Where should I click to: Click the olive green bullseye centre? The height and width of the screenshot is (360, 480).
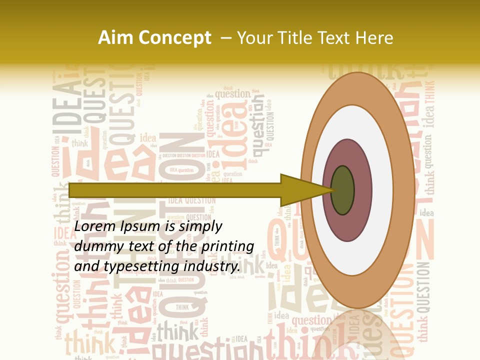343,190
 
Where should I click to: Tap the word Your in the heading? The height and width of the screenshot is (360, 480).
254,38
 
